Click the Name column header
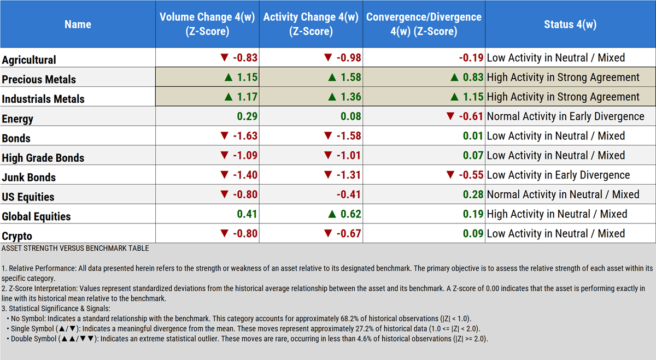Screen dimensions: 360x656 (x=78, y=24)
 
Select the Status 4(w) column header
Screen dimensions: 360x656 (x=570, y=24)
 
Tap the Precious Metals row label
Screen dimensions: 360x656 (x=39, y=79)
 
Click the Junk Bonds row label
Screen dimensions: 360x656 (x=29, y=177)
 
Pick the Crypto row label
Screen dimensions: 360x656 (x=17, y=236)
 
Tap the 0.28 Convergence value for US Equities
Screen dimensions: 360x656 (x=473, y=194)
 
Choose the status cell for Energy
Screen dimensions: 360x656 (x=565, y=116)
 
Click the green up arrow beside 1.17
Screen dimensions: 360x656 (x=229, y=97)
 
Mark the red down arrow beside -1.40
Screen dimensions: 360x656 (x=224, y=175)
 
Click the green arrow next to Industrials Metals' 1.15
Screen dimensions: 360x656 (x=453, y=97)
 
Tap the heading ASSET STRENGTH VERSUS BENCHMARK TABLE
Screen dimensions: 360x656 (x=75, y=248)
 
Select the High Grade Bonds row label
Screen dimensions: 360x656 (x=43, y=158)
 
